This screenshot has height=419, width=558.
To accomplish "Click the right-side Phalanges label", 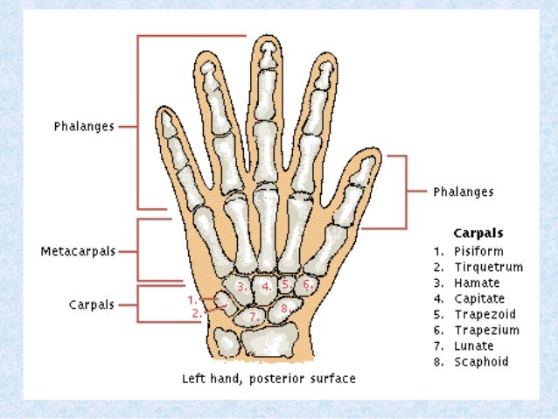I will (464, 192).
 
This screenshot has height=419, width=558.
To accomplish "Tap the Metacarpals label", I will (78, 251).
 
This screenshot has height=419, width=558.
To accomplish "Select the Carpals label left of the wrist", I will (91, 305).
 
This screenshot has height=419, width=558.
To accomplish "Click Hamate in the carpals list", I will (478, 283).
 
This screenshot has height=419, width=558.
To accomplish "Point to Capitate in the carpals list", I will (480, 299).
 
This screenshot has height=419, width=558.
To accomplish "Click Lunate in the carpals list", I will (474, 346).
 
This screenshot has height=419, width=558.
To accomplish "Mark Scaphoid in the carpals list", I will (481, 362).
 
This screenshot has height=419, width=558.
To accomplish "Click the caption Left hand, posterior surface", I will (269, 380).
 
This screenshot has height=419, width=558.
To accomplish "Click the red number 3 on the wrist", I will (240, 286).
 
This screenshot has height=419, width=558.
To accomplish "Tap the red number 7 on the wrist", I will (253, 315).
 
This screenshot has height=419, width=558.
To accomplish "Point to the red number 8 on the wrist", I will (284, 308).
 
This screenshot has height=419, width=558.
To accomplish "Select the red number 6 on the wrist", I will (306, 284).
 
